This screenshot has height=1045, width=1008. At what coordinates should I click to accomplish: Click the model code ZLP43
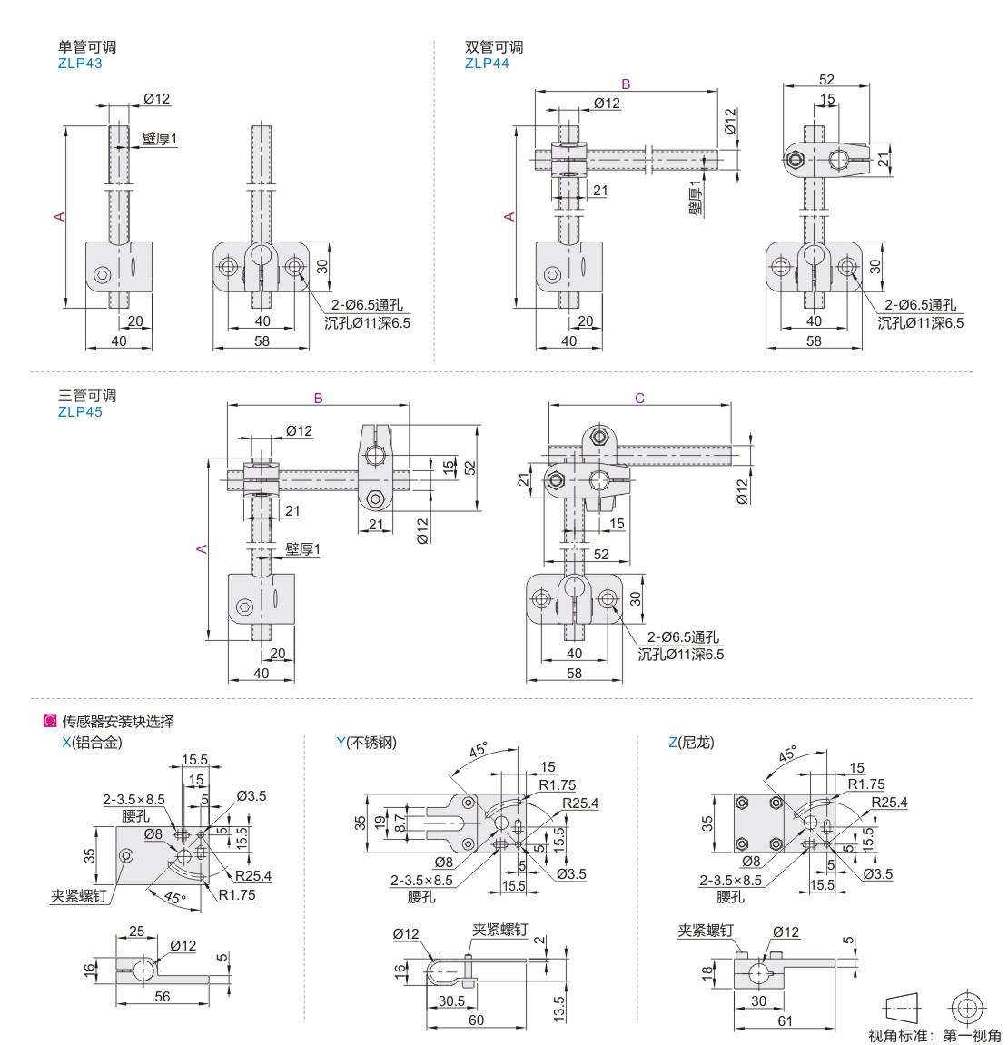80,64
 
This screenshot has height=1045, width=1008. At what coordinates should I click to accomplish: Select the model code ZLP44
487,64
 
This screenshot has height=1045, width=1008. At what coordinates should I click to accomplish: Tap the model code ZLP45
80,412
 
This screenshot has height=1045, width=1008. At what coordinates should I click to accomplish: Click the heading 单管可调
87,47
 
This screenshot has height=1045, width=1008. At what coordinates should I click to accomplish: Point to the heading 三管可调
87,396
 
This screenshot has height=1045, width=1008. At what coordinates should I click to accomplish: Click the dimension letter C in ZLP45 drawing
640,399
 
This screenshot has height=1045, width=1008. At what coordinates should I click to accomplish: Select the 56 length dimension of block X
162,996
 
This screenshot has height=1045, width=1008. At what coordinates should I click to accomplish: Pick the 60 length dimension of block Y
476,1020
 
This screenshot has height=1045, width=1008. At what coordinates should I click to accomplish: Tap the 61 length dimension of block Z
785,1020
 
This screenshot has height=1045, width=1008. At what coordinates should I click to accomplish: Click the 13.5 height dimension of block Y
558,1007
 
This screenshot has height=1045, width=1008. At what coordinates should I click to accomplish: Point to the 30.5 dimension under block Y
451,1001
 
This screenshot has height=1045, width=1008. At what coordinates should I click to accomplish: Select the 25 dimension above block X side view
136,932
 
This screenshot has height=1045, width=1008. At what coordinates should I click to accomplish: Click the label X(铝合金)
91,743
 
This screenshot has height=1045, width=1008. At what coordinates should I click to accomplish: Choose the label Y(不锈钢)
366,743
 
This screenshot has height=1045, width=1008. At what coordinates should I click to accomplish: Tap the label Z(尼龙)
691,743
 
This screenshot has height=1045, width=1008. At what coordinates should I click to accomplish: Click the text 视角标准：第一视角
934,1036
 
